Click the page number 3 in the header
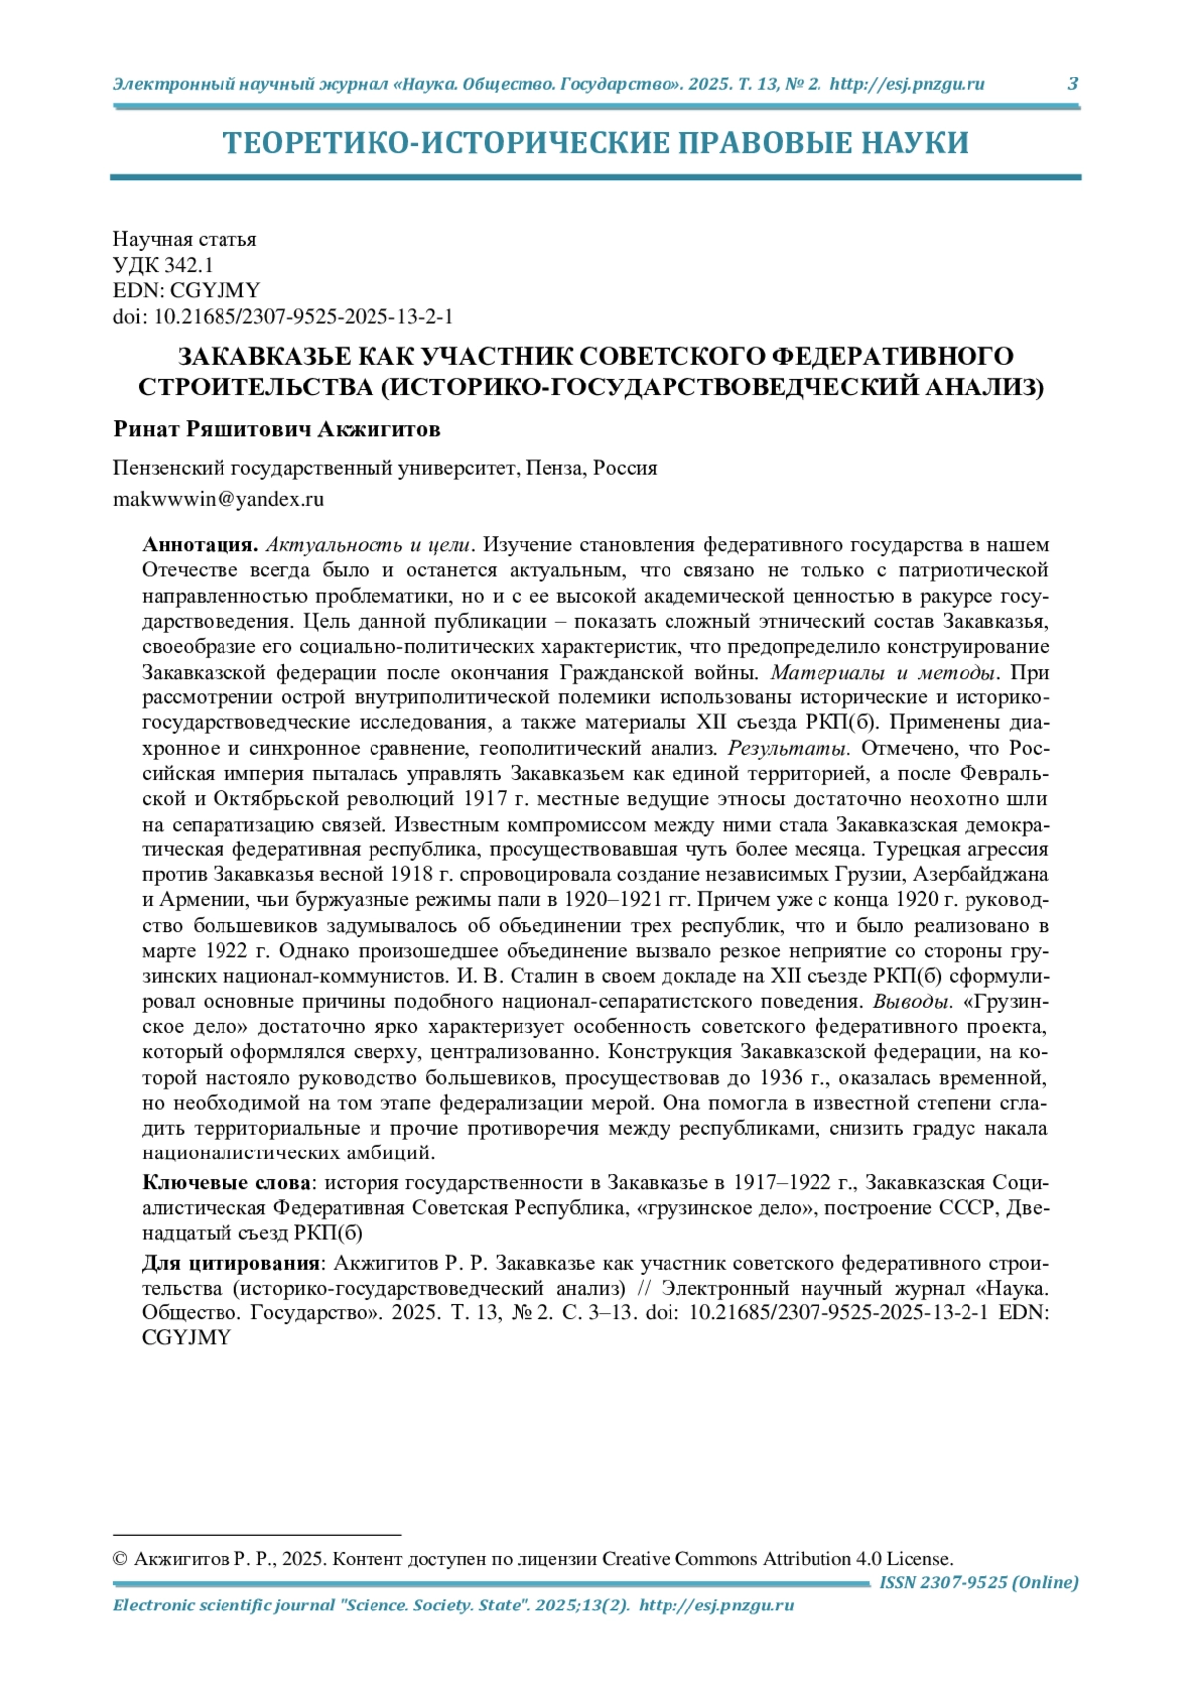tap(1072, 84)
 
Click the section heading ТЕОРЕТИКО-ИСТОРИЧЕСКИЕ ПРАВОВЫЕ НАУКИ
tap(595, 143)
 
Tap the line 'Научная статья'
tap(185, 239)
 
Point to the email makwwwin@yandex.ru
tap(219, 499)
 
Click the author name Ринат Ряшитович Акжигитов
tap(277, 429)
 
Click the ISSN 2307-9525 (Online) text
tap(978, 1582)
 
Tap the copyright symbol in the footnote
tap(121, 1559)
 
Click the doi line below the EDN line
tap(283, 317)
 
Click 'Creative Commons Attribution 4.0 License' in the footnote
tap(777, 1559)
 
